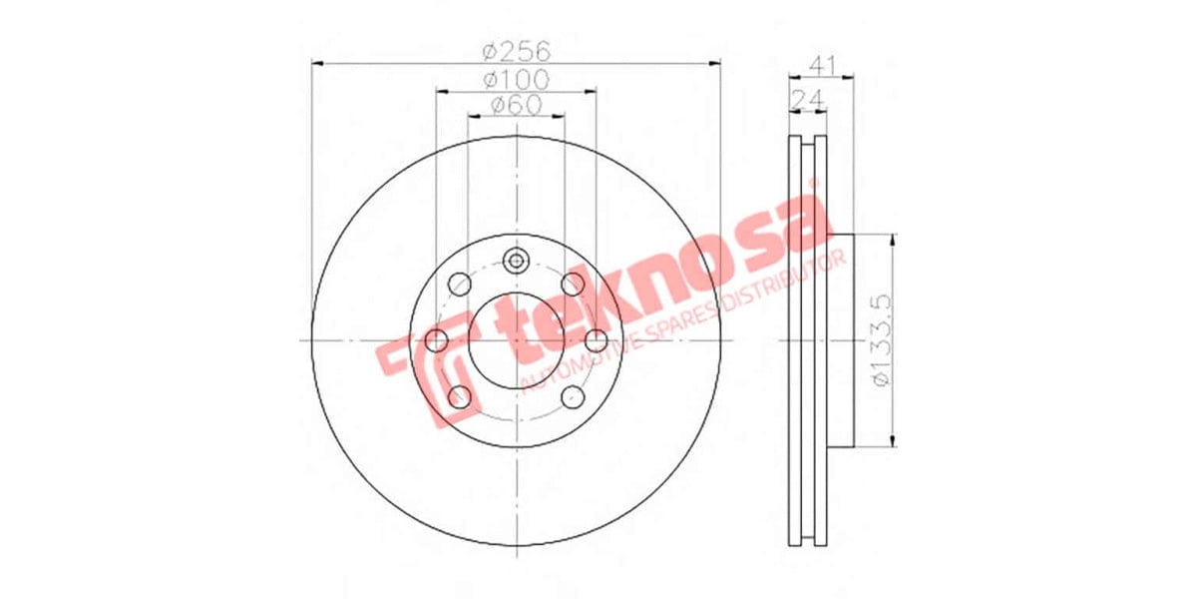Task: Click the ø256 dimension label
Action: pyautogui.click(x=516, y=51)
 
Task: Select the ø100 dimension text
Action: pyautogui.click(x=516, y=78)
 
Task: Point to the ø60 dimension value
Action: pyautogui.click(x=516, y=104)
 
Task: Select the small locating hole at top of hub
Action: pyautogui.click(x=516, y=262)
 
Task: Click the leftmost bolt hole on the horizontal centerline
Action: pyautogui.click(x=437, y=340)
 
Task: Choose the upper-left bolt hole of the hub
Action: pyautogui.click(x=459, y=284)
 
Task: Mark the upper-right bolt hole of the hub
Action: pyautogui.click(x=573, y=284)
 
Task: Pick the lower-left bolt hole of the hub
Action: pyautogui.click(x=459, y=397)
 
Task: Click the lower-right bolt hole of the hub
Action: pyautogui.click(x=573, y=397)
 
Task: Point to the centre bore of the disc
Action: pyautogui.click(x=516, y=340)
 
